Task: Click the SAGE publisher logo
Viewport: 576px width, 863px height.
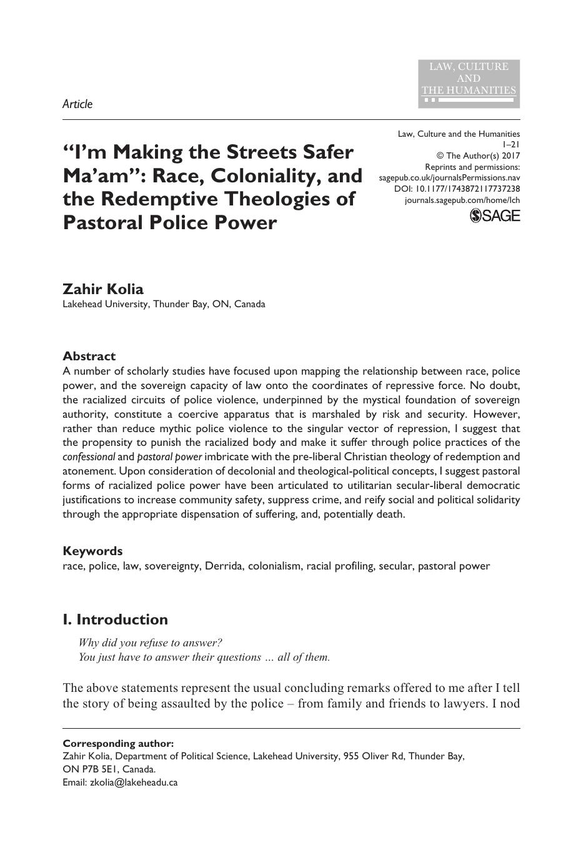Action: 495,216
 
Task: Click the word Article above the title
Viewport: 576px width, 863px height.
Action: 77,104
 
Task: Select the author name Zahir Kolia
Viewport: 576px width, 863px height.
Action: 103,289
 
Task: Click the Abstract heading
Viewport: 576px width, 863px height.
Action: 89,356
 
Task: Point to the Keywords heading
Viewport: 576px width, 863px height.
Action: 92,551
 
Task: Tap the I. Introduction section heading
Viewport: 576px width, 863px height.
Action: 116,619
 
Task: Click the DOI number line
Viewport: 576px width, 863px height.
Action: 457,189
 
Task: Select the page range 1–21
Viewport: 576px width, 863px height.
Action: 511,145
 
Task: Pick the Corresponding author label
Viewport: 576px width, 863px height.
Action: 118,743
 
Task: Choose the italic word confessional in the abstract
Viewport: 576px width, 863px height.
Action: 88,456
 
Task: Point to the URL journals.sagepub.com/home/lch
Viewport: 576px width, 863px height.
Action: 462,200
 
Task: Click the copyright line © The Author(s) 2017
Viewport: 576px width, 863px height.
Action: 478,156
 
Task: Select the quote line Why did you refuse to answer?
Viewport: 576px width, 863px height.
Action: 151,643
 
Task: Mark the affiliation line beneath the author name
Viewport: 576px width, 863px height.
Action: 164,305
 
